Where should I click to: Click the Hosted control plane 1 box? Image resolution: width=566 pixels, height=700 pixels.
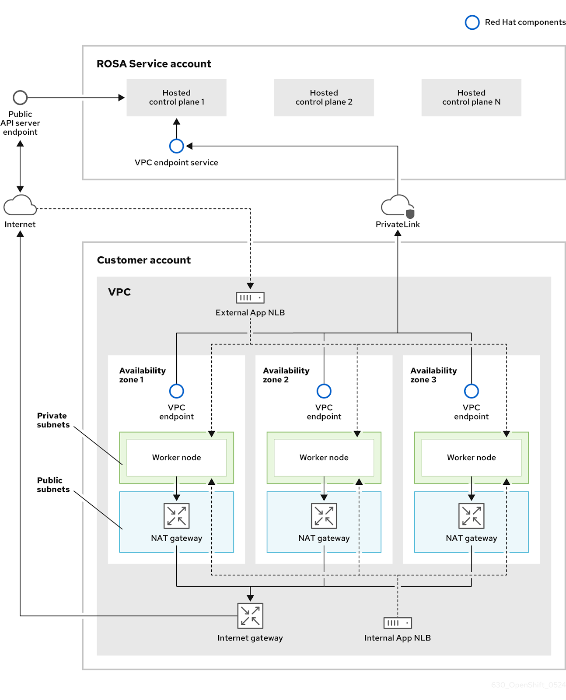(176, 97)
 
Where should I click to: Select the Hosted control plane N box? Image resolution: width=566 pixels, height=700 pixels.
(471, 97)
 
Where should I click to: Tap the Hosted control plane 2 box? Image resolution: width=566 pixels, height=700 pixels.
(324, 97)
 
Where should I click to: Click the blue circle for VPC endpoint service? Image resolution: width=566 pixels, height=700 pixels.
(176, 146)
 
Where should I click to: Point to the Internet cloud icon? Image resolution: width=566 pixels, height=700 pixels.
(20, 205)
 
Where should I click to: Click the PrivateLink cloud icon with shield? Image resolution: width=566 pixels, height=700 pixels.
(397, 206)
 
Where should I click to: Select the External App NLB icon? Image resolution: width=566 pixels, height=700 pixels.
(250, 297)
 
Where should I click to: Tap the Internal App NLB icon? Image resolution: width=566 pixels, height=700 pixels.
(397, 623)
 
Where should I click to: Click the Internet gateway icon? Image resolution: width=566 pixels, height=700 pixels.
(250, 616)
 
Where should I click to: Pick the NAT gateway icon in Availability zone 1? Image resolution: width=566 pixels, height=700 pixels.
(176, 516)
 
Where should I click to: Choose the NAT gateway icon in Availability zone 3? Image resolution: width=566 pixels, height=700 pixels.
(471, 516)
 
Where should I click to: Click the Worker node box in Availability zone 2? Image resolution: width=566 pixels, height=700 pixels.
(324, 457)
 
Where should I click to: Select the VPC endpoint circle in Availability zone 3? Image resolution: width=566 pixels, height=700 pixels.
(471, 391)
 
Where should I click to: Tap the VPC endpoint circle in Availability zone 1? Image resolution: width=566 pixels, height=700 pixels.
(176, 391)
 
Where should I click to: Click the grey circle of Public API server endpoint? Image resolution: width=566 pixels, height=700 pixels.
(20, 97)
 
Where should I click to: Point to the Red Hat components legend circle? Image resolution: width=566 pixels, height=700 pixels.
(472, 22)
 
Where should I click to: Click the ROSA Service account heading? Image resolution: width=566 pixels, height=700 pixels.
(154, 64)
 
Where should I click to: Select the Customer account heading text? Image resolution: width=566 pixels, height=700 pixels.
(143, 260)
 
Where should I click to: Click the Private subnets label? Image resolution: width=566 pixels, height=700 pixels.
(53, 420)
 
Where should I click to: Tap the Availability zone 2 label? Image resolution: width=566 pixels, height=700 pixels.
(286, 375)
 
